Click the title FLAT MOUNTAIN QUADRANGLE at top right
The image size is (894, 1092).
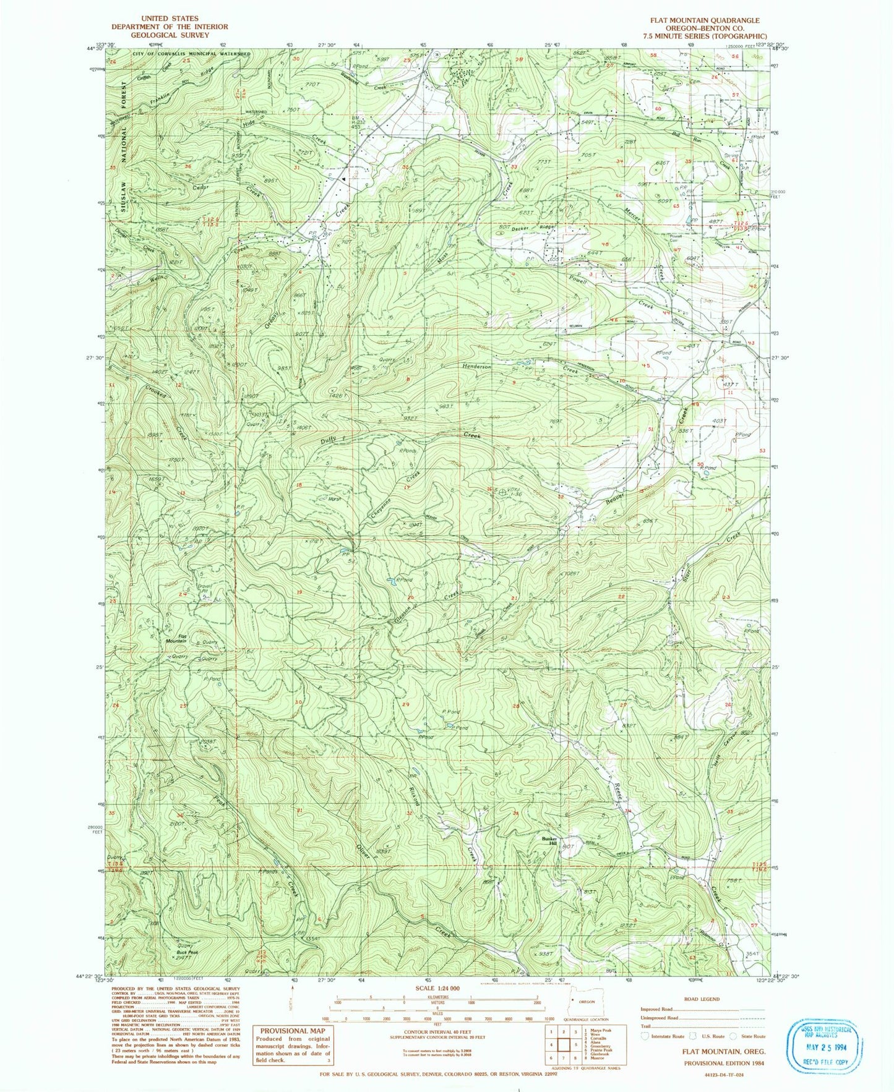click(704, 20)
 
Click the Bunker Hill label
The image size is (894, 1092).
click(550, 841)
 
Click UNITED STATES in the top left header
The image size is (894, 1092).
click(169, 19)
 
